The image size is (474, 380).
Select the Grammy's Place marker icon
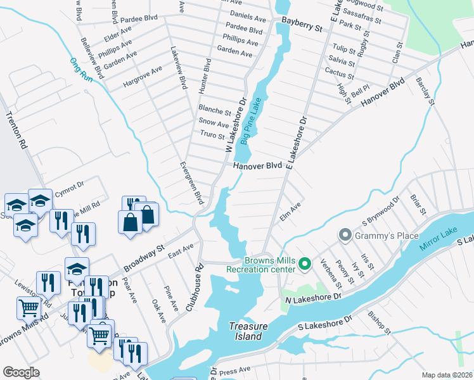[x=345, y=236]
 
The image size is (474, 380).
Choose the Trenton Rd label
[x=18, y=131]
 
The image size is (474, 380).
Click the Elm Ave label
[x=290, y=212]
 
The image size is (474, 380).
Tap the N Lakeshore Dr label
[x=313, y=296]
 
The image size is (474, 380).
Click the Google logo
[x=21, y=372]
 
